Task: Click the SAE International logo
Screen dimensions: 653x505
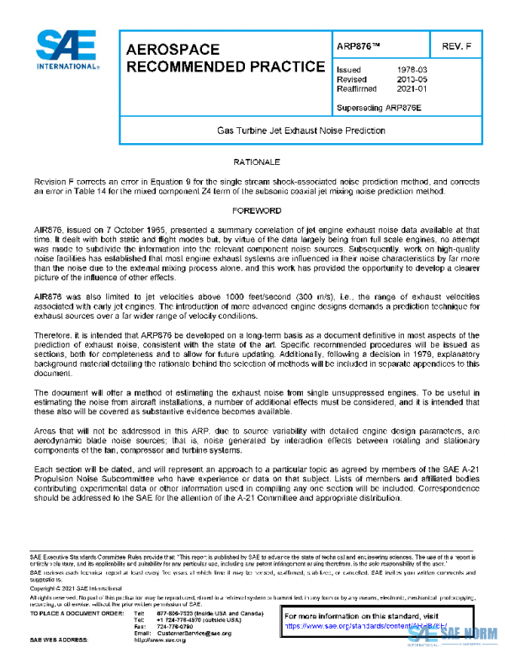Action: (x=64, y=51)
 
